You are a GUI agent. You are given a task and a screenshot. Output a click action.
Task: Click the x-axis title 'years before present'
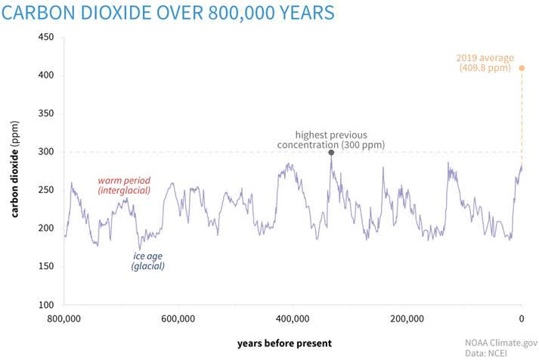coord(283,343)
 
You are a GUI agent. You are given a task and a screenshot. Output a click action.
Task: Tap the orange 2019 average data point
coord(521,68)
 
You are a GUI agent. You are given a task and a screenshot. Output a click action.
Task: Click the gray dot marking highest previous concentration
coord(330,152)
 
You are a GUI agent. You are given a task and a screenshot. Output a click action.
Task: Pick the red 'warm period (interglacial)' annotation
coord(124,185)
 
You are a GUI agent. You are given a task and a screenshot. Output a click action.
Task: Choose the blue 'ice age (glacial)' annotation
coord(147,261)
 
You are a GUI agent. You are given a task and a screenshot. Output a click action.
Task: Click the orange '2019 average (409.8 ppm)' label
coord(488,63)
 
